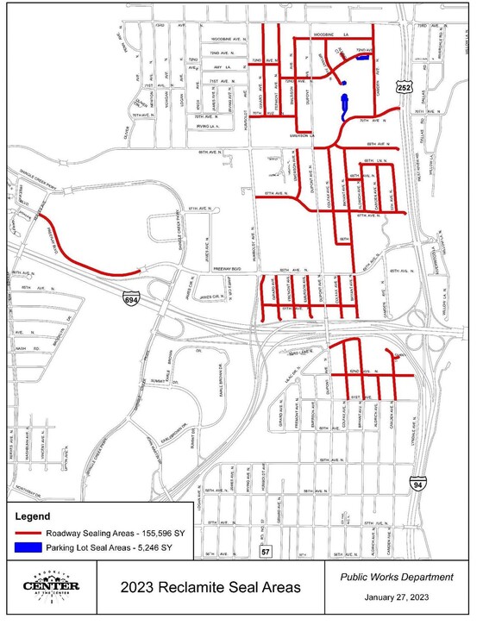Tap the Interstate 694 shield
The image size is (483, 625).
tap(131, 298)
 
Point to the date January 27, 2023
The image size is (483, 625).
tap(398, 598)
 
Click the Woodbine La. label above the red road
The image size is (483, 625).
tap(329, 34)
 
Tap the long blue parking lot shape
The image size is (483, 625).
tap(346, 105)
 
